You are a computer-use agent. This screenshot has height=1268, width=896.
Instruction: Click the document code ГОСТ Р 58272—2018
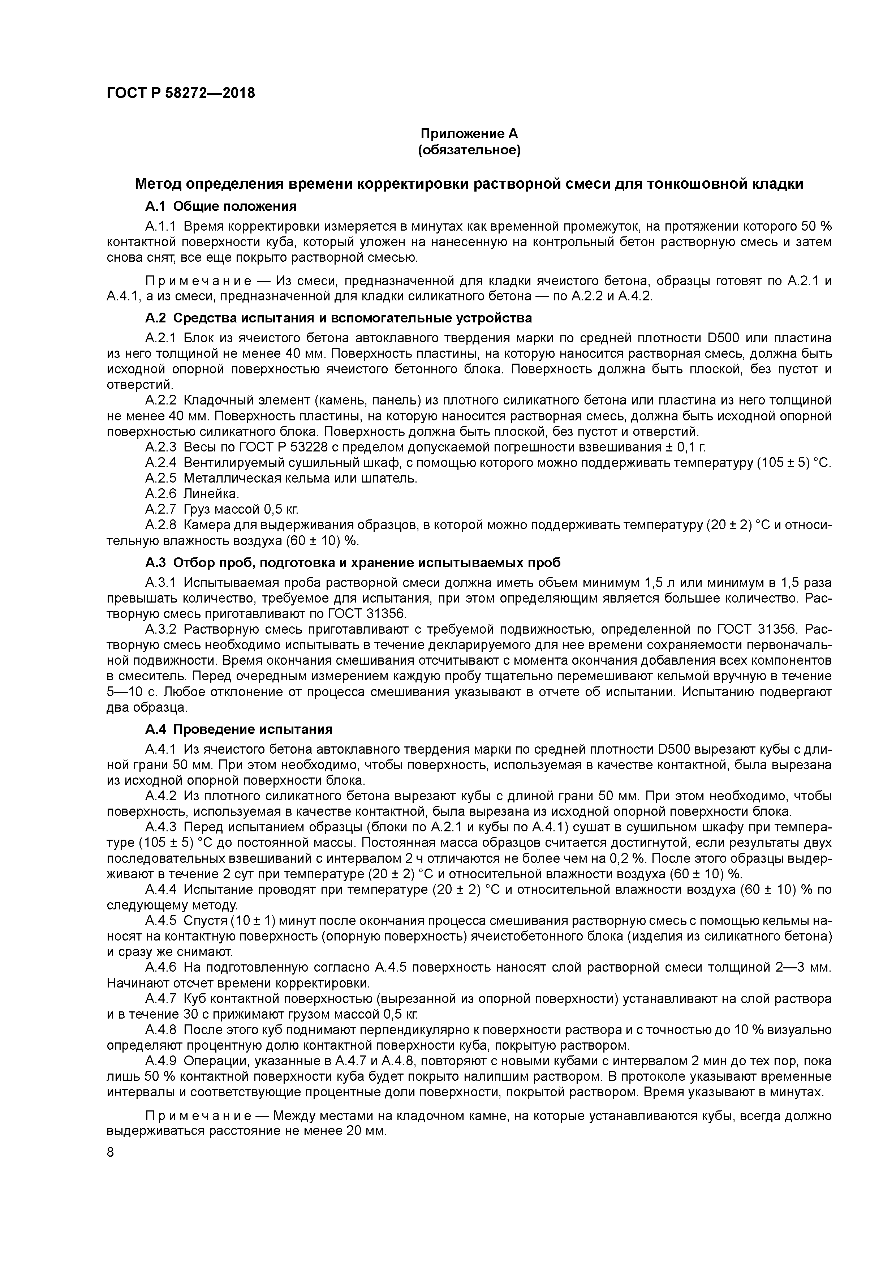click(x=181, y=93)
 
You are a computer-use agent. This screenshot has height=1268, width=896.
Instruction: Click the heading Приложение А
click(x=469, y=134)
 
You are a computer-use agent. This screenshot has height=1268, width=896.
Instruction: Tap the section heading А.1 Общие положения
click(x=221, y=206)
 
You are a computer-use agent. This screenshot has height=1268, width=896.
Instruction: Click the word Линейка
click(x=211, y=493)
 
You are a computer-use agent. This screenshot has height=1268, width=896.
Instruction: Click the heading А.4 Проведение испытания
click(x=238, y=729)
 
